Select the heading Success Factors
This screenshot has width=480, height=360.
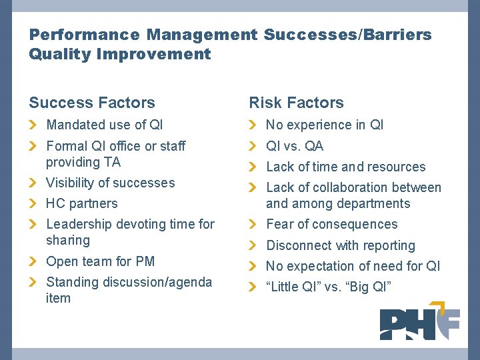[x=92, y=103]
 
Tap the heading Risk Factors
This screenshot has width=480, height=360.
[x=296, y=103]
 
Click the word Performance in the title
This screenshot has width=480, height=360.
[x=85, y=34]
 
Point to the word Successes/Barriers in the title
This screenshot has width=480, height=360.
[x=347, y=34]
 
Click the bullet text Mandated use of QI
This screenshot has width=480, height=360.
[x=104, y=125]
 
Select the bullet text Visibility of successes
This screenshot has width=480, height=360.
[x=110, y=183]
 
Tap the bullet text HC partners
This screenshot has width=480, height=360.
[x=81, y=203]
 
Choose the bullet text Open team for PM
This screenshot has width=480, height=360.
[x=100, y=261]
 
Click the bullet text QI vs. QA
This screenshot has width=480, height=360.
[x=295, y=146]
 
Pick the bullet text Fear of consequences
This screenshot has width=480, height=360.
[x=331, y=224]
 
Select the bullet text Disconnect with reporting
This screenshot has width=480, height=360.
[x=340, y=245]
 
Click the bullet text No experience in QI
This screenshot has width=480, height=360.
[x=325, y=125]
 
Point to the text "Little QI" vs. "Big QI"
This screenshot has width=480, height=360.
[x=329, y=287]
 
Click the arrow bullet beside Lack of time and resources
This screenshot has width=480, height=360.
[x=253, y=167]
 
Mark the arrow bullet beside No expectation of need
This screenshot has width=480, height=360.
[x=253, y=266]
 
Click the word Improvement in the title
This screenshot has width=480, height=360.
[x=154, y=54]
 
